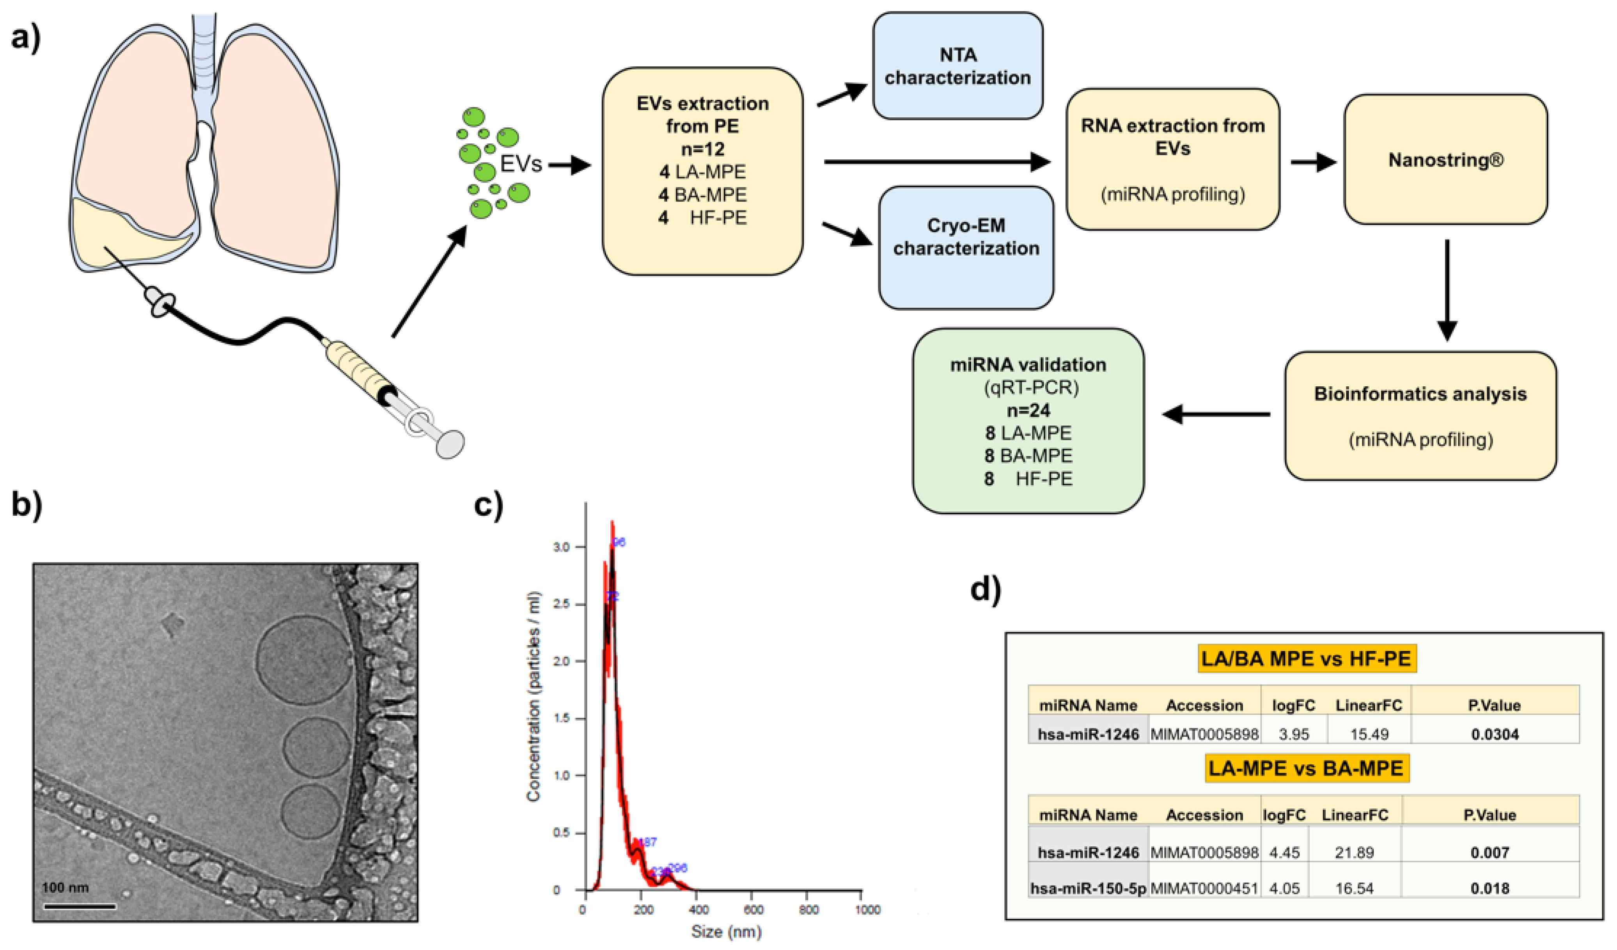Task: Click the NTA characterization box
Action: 957,66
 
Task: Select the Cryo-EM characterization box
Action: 966,247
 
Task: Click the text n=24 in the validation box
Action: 1028,410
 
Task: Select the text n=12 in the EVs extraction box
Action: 703,149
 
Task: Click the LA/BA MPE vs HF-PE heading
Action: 1307,659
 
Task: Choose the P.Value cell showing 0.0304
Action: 1495,734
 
